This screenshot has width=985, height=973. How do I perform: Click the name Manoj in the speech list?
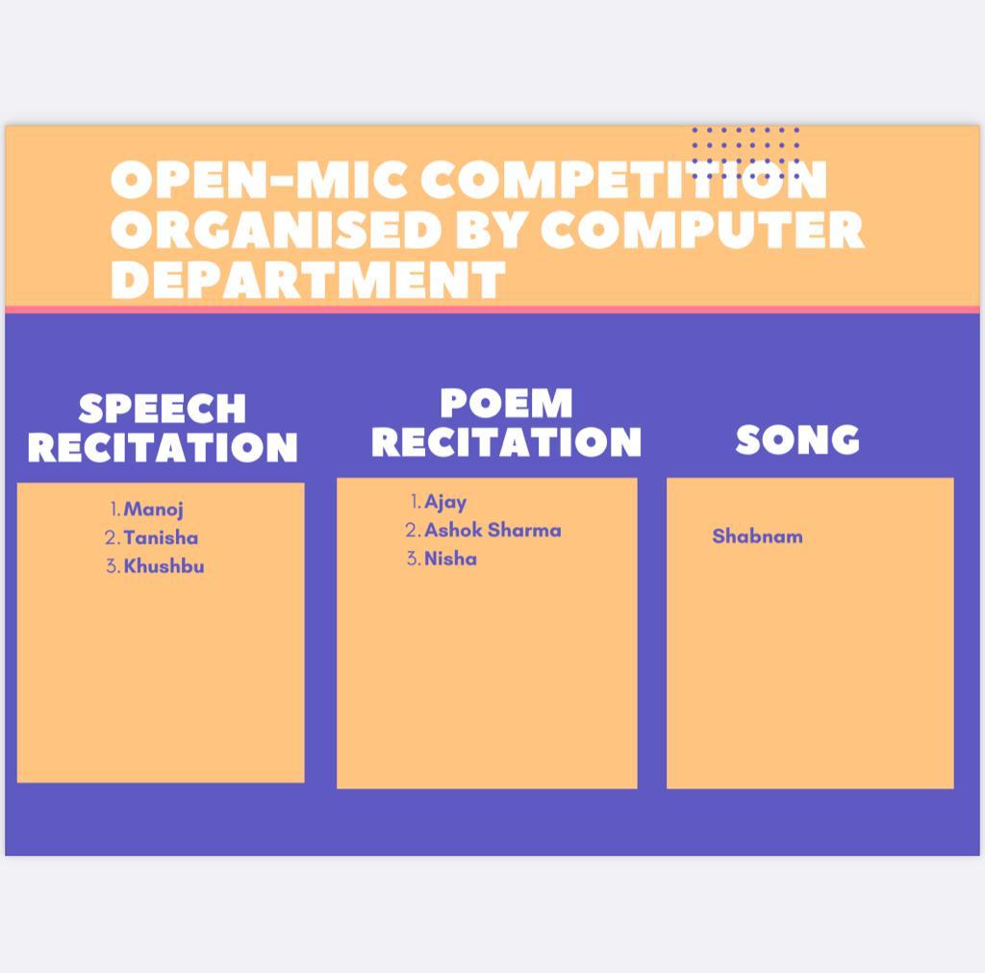point(153,510)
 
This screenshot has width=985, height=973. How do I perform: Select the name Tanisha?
point(161,538)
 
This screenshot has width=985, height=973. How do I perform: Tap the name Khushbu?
point(164,566)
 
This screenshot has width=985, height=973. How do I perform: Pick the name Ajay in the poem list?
point(445,502)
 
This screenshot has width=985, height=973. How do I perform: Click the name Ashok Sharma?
point(492,531)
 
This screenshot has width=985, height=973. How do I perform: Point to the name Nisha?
point(450,559)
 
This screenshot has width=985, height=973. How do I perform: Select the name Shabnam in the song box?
point(757,536)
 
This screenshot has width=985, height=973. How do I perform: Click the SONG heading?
point(797,439)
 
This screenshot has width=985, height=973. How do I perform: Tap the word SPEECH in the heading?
point(162,410)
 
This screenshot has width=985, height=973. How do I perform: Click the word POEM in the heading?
point(506,403)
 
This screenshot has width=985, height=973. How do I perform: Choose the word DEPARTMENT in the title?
point(308,280)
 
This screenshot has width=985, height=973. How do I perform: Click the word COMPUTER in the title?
point(702,230)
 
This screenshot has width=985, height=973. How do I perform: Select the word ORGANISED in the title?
point(276,230)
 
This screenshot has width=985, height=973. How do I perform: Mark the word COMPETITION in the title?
point(623,180)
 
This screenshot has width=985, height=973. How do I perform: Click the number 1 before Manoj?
point(115,510)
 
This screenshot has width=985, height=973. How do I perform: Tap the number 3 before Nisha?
point(414,559)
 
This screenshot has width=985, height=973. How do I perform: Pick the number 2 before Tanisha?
point(113,538)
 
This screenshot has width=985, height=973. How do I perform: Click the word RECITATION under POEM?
point(506,442)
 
